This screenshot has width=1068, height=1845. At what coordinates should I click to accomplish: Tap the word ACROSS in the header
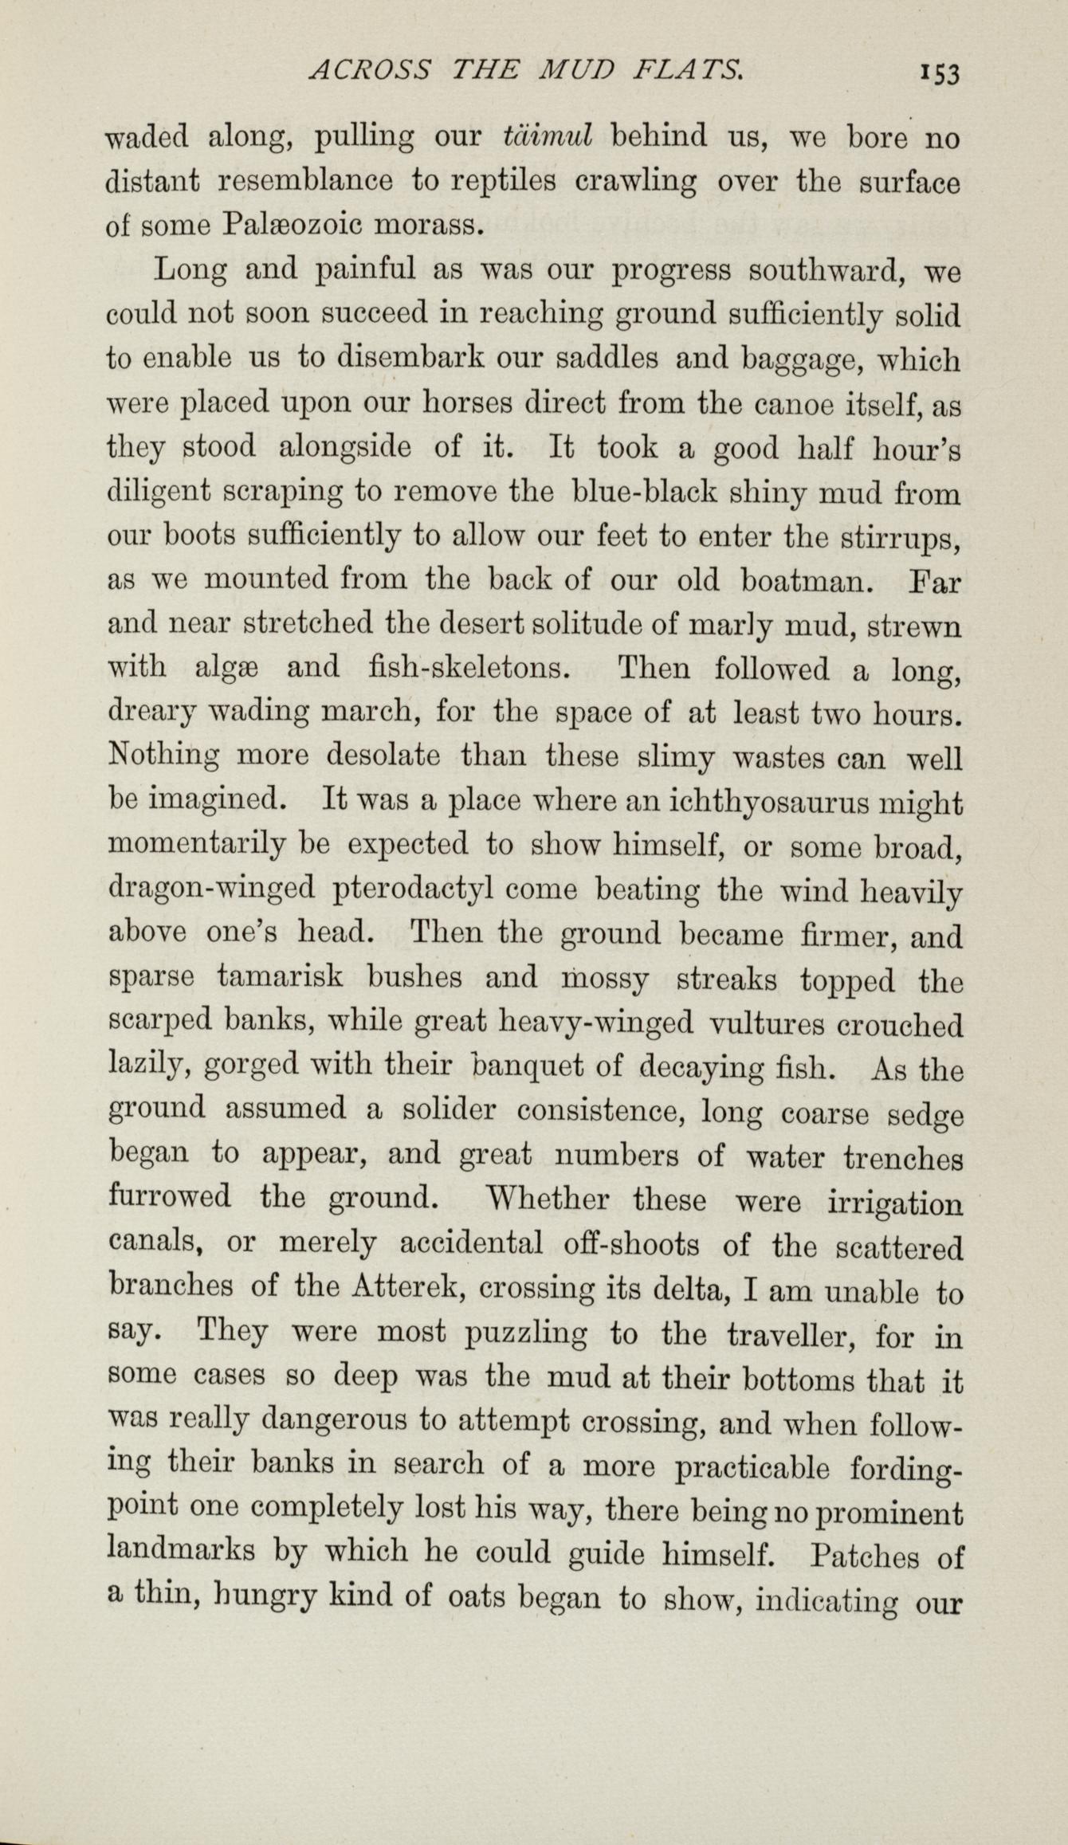click(370, 72)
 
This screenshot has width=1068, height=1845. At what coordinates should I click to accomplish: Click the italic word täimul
click(546, 138)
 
